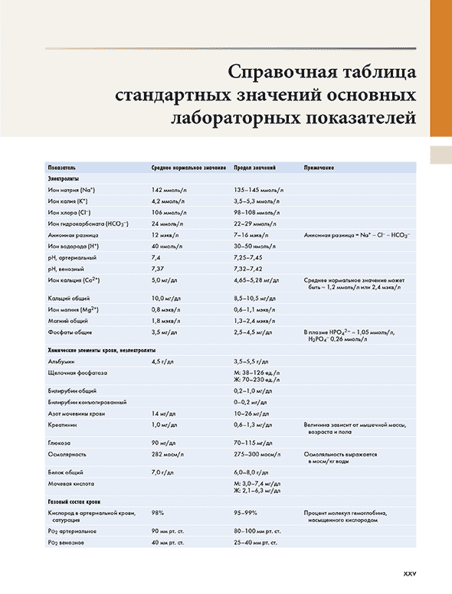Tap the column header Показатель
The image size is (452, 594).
(61, 167)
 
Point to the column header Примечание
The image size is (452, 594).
(320, 167)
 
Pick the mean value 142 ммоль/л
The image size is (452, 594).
(168, 189)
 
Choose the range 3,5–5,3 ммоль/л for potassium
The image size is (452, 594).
(257, 200)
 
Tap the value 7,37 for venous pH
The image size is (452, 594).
(158, 269)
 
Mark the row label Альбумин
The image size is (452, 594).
(61, 360)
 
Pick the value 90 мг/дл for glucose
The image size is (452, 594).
(163, 442)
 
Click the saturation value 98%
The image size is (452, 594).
(159, 512)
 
